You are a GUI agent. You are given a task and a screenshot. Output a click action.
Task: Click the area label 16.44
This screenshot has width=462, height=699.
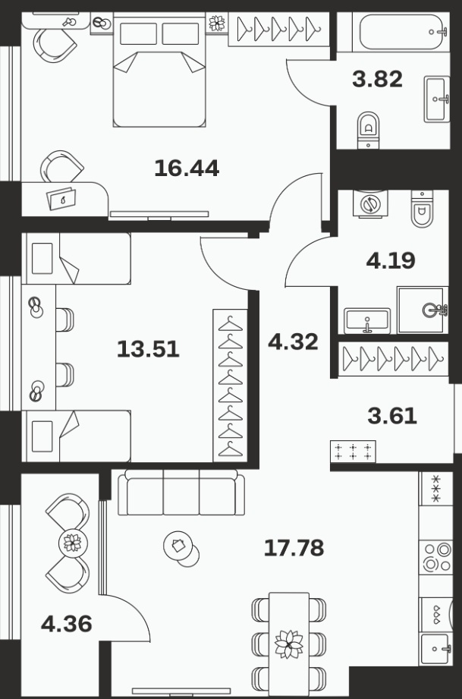point(187,168)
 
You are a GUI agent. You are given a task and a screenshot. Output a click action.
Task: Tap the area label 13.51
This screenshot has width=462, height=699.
point(148,349)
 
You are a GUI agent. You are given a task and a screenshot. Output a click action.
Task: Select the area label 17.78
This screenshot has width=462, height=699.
point(294,548)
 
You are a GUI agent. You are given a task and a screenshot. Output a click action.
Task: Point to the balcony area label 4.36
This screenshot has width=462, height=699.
point(67,624)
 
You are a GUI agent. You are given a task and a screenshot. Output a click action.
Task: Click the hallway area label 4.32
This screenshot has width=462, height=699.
point(293,342)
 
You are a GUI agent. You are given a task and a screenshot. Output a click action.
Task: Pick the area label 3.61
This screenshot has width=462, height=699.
point(392,416)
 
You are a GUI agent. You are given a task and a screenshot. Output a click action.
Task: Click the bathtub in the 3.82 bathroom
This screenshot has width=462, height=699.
point(401,32)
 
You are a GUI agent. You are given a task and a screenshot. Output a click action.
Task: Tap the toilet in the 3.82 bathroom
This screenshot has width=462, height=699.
point(369,130)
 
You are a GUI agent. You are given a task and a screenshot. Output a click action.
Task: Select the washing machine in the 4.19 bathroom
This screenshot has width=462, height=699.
point(370,203)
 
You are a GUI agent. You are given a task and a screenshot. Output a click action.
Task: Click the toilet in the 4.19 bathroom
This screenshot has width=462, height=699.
point(422,209)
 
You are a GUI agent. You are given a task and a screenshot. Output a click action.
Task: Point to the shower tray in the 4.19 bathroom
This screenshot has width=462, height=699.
point(423,310)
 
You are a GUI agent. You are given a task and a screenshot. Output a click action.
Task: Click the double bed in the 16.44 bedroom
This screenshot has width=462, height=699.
point(159,70)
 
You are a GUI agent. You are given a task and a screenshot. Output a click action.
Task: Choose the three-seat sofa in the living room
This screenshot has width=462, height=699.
point(181,493)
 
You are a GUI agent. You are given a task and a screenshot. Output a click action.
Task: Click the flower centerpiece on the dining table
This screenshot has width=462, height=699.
point(289,644)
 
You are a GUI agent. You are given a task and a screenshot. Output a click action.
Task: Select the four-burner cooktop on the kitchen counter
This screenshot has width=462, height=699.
point(436,557)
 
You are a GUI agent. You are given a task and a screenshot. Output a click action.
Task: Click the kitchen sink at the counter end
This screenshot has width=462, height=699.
point(436,649)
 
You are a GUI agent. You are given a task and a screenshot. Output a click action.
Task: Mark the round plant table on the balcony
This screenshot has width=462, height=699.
point(73,543)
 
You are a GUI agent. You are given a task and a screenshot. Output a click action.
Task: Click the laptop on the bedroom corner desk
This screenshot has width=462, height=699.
point(61,198)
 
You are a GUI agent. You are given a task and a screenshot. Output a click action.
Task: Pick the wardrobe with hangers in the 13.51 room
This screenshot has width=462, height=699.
point(231,386)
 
